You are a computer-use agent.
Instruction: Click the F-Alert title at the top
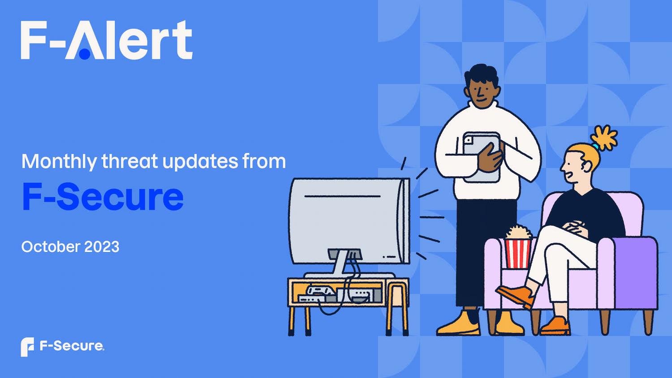click(107, 40)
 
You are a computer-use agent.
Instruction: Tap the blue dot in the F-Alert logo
click(85, 54)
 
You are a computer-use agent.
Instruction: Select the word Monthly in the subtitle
click(59, 162)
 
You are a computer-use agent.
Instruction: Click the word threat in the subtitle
click(130, 161)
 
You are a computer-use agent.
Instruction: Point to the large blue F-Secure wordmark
click(103, 197)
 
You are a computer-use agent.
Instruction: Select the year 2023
click(102, 247)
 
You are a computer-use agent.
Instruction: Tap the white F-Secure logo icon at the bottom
click(27, 347)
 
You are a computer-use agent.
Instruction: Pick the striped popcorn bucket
click(518, 253)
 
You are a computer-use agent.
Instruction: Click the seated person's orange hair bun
click(603, 138)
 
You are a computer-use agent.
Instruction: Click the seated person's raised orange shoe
click(515, 296)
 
